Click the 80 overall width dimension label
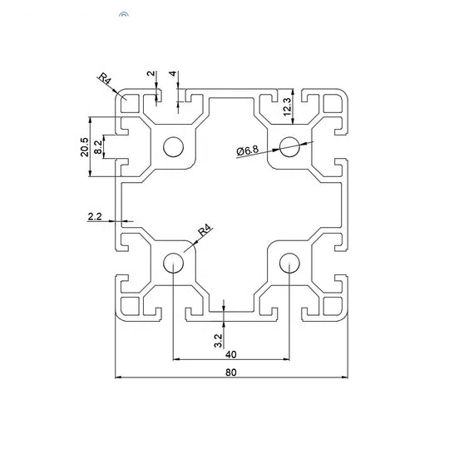tap(231, 373)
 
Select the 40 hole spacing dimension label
tap(231, 354)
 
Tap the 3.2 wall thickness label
tap(218, 340)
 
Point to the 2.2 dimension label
tap(95, 216)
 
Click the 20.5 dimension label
tap(85, 147)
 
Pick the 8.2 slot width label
tap(98, 147)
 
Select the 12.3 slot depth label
tap(287, 106)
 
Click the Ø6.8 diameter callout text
tap(248, 150)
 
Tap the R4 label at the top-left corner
tap(105, 78)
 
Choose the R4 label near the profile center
tap(206, 230)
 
